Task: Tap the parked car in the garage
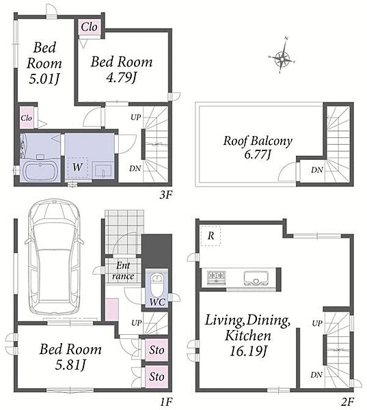coord(55,258)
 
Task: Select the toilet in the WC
coord(157,284)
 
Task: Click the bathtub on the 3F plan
coord(40,171)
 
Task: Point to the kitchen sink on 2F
coord(256,278)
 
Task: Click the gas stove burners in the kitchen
coord(217,277)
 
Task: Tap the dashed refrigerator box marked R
coord(210,236)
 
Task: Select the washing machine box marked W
coord(78,167)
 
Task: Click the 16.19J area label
coord(249,351)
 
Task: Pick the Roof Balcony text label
coord(258,141)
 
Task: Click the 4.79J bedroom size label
coord(122,77)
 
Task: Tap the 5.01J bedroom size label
coord(44,79)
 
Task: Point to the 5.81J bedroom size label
coord(70,365)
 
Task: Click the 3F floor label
coord(166,195)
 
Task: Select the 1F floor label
coord(166,401)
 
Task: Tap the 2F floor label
coord(348,401)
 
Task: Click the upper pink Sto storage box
coord(157,350)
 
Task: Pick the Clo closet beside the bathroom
coord(27,118)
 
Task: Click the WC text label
coord(157,302)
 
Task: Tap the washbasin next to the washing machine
coord(103,169)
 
